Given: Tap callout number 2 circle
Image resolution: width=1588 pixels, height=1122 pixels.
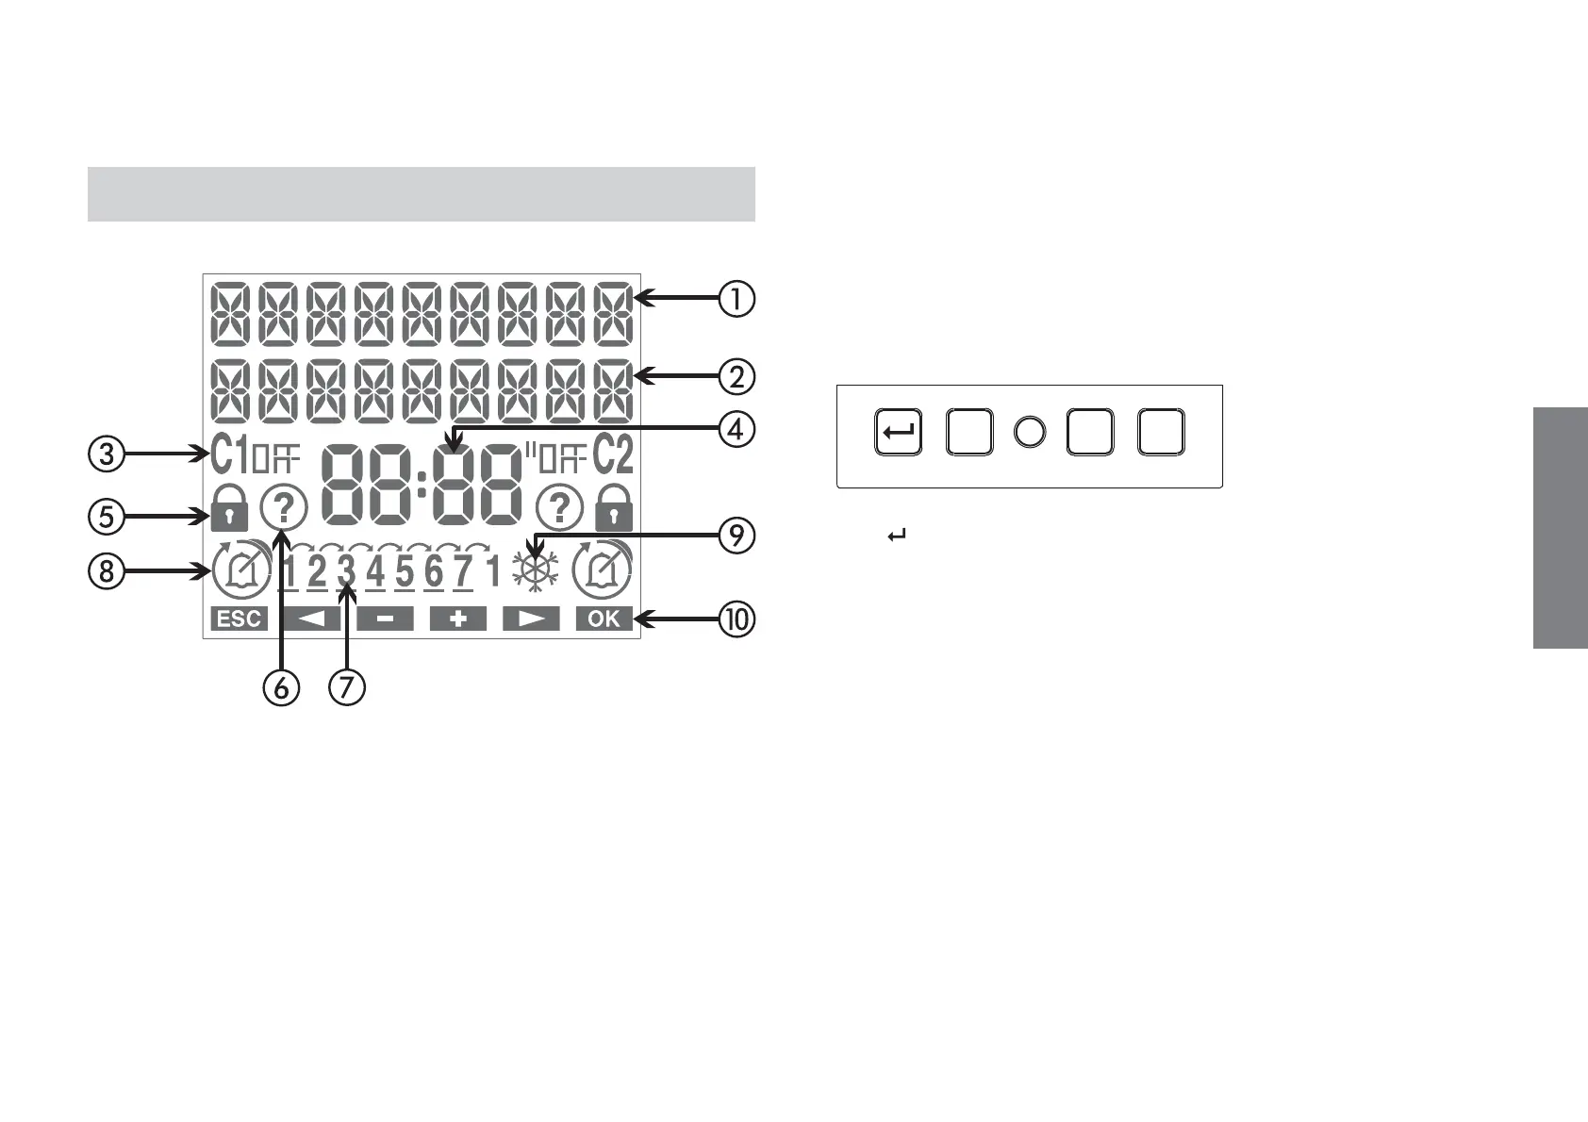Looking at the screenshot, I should pyautogui.click(x=736, y=377).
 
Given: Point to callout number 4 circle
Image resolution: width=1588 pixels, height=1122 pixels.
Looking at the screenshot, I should pyautogui.click(x=736, y=430).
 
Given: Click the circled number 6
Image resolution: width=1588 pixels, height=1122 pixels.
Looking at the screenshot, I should pyautogui.click(x=281, y=687).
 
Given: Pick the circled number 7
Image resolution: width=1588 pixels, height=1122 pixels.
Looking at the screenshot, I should pyautogui.click(x=347, y=687).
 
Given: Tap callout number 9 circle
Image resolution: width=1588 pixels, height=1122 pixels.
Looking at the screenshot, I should pyautogui.click(x=736, y=536).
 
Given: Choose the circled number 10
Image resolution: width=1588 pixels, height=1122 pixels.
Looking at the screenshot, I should pyautogui.click(x=736, y=619).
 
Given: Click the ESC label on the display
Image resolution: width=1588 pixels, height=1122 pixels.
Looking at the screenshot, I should pyautogui.click(x=240, y=619).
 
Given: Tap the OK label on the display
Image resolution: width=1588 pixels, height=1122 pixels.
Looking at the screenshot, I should pyautogui.click(x=604, y=619).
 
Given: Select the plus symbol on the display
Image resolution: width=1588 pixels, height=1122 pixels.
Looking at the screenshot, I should pyautogui.click(x=458, y=619).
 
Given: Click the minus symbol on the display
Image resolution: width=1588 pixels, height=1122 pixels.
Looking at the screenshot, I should pyautogui.click(x=386, y=619).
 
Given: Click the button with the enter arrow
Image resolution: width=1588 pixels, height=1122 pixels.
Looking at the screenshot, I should pyautogui.click(x=898, y=434).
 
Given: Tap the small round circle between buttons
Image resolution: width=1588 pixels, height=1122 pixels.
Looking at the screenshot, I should pyautogui.click(x=1029, y=434).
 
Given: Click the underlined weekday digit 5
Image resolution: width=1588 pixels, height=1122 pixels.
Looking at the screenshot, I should pyautogui.click(x=405, y=572).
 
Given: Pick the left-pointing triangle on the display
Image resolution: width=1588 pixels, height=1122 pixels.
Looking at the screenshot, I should pyautogui.click(x=312, y=619).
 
